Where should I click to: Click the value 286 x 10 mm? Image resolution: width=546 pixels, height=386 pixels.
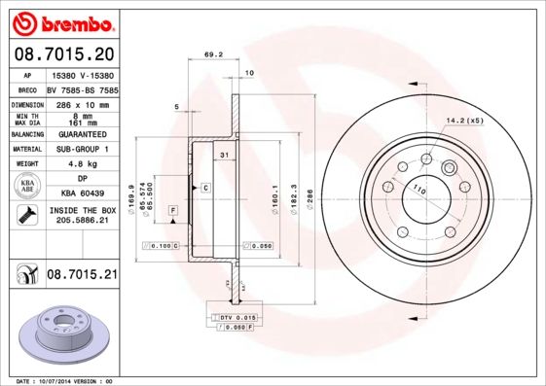[x=81, y=102]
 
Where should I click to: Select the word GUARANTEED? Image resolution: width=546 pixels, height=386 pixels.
[x=81, y=134]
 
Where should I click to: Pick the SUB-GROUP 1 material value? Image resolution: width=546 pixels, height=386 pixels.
[x=81, y=149]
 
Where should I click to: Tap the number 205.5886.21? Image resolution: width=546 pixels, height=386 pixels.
[x=81, y=222]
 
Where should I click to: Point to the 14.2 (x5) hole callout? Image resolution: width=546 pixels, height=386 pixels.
[x=463, y=121]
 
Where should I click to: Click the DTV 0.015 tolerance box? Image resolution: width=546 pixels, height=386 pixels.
[x=234, y=318]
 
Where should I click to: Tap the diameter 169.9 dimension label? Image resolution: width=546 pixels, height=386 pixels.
[x=131, y=200]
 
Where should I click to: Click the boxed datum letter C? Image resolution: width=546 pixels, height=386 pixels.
[x=205, y=186]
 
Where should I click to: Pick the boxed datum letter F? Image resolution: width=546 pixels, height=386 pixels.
[x=172, y=210]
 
